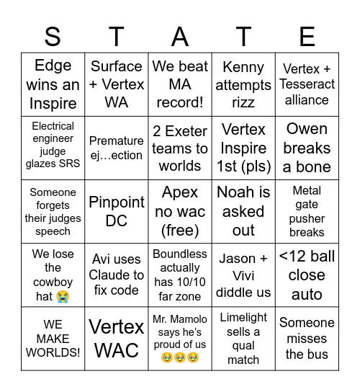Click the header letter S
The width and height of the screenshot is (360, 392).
53,35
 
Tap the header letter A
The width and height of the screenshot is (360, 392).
180,35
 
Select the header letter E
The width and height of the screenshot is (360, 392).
307,35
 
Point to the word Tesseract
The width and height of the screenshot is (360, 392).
307,84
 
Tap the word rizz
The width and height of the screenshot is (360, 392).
243,102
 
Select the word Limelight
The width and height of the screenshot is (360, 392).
243,317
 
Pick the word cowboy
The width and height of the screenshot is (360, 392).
53,282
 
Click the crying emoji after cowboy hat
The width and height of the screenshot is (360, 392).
63,296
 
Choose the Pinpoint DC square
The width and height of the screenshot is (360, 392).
117,211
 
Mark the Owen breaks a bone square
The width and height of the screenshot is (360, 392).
307,148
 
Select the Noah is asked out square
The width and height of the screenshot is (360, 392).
243,211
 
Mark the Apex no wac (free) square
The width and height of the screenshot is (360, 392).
180,211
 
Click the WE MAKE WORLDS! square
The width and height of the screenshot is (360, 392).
53,339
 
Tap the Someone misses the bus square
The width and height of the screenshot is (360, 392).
307,339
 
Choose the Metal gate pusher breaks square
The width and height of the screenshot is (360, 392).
307,211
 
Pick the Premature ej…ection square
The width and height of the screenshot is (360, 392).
117,148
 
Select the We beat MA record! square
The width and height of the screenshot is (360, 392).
180,84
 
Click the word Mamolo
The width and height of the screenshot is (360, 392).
189,318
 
